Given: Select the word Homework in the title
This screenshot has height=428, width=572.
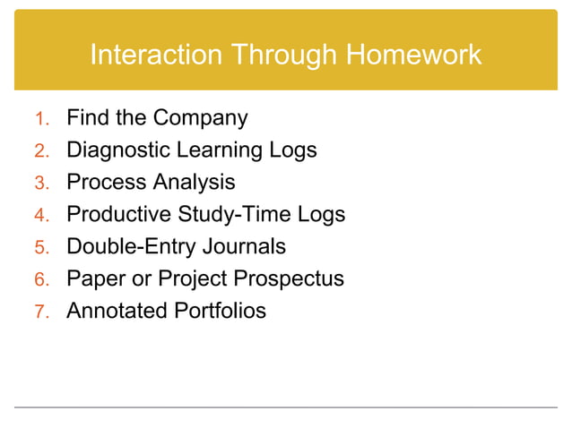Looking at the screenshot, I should [x=413, y=56].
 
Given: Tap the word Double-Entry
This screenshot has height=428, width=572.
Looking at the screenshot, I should [x=126, y=247].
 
